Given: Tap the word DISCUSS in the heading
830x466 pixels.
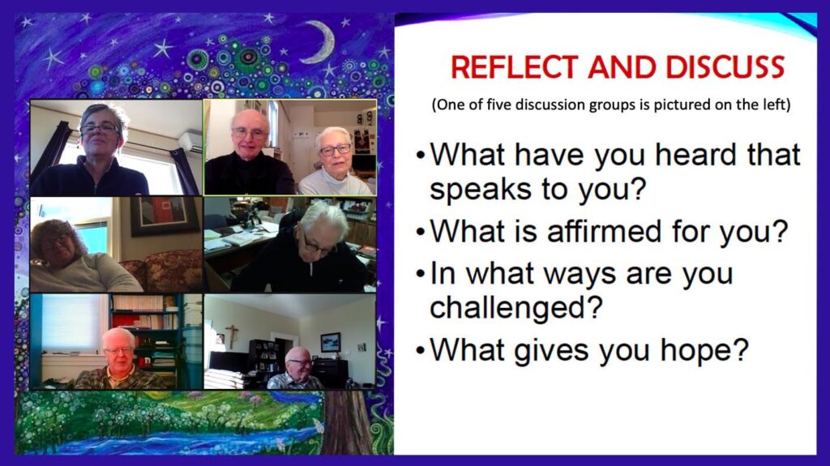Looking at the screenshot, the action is pos(725,68).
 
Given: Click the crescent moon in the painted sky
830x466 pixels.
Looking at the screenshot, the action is pos(321,41).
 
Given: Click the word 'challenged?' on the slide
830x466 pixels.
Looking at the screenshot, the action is pos(516,307).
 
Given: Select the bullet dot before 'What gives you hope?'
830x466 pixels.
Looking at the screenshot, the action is pos(421,351).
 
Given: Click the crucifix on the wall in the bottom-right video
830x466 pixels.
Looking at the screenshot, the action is pos(232,336).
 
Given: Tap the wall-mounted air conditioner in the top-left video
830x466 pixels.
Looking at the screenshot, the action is pos(190,142).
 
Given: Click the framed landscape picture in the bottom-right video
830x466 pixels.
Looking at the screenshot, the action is pos(331,343).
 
